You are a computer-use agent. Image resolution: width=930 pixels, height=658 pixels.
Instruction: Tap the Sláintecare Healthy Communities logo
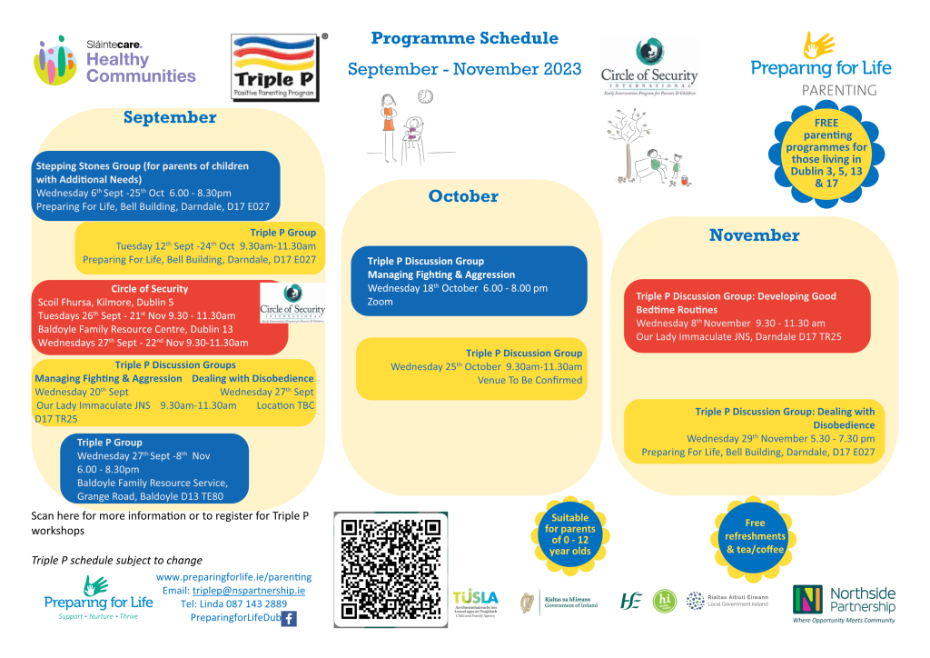point(115,62)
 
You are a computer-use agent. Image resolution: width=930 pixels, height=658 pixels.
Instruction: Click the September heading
point(170,117)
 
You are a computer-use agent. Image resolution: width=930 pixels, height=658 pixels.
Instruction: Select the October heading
point(463,196)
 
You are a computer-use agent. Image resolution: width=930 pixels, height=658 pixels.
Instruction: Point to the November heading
point(754,235)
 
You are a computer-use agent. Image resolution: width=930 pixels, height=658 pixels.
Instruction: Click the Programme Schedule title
point(465,38)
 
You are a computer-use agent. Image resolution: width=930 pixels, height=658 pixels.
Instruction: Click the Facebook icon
point(289,619)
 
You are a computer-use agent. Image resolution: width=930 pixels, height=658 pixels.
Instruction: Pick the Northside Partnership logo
point(844,603)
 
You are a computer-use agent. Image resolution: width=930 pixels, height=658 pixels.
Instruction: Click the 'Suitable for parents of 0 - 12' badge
point(569,533)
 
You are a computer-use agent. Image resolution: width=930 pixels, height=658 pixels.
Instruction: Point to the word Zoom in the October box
point(381,302)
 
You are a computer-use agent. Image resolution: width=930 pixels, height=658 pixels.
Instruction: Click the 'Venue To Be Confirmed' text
point(529,381)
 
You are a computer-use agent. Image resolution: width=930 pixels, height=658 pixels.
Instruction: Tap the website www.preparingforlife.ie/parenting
point(233,577)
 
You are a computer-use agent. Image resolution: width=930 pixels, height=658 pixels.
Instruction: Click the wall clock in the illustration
point(425,96)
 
